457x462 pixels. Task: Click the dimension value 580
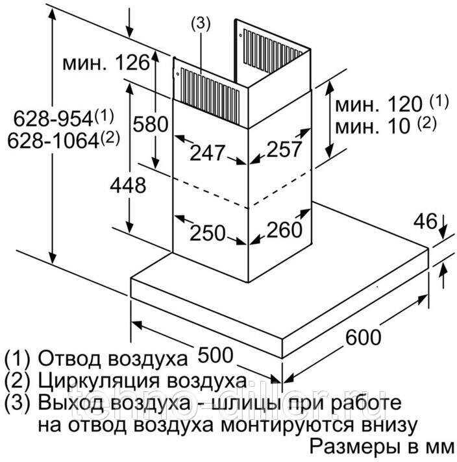150,124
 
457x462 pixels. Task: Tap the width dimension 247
207,153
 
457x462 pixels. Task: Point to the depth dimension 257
285,149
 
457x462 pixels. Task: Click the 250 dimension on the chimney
207,232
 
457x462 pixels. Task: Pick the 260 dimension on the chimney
285,229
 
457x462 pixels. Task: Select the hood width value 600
363,338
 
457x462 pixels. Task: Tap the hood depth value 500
214,356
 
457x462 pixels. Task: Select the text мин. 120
381,104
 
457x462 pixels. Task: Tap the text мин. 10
373,125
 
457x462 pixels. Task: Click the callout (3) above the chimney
201,23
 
